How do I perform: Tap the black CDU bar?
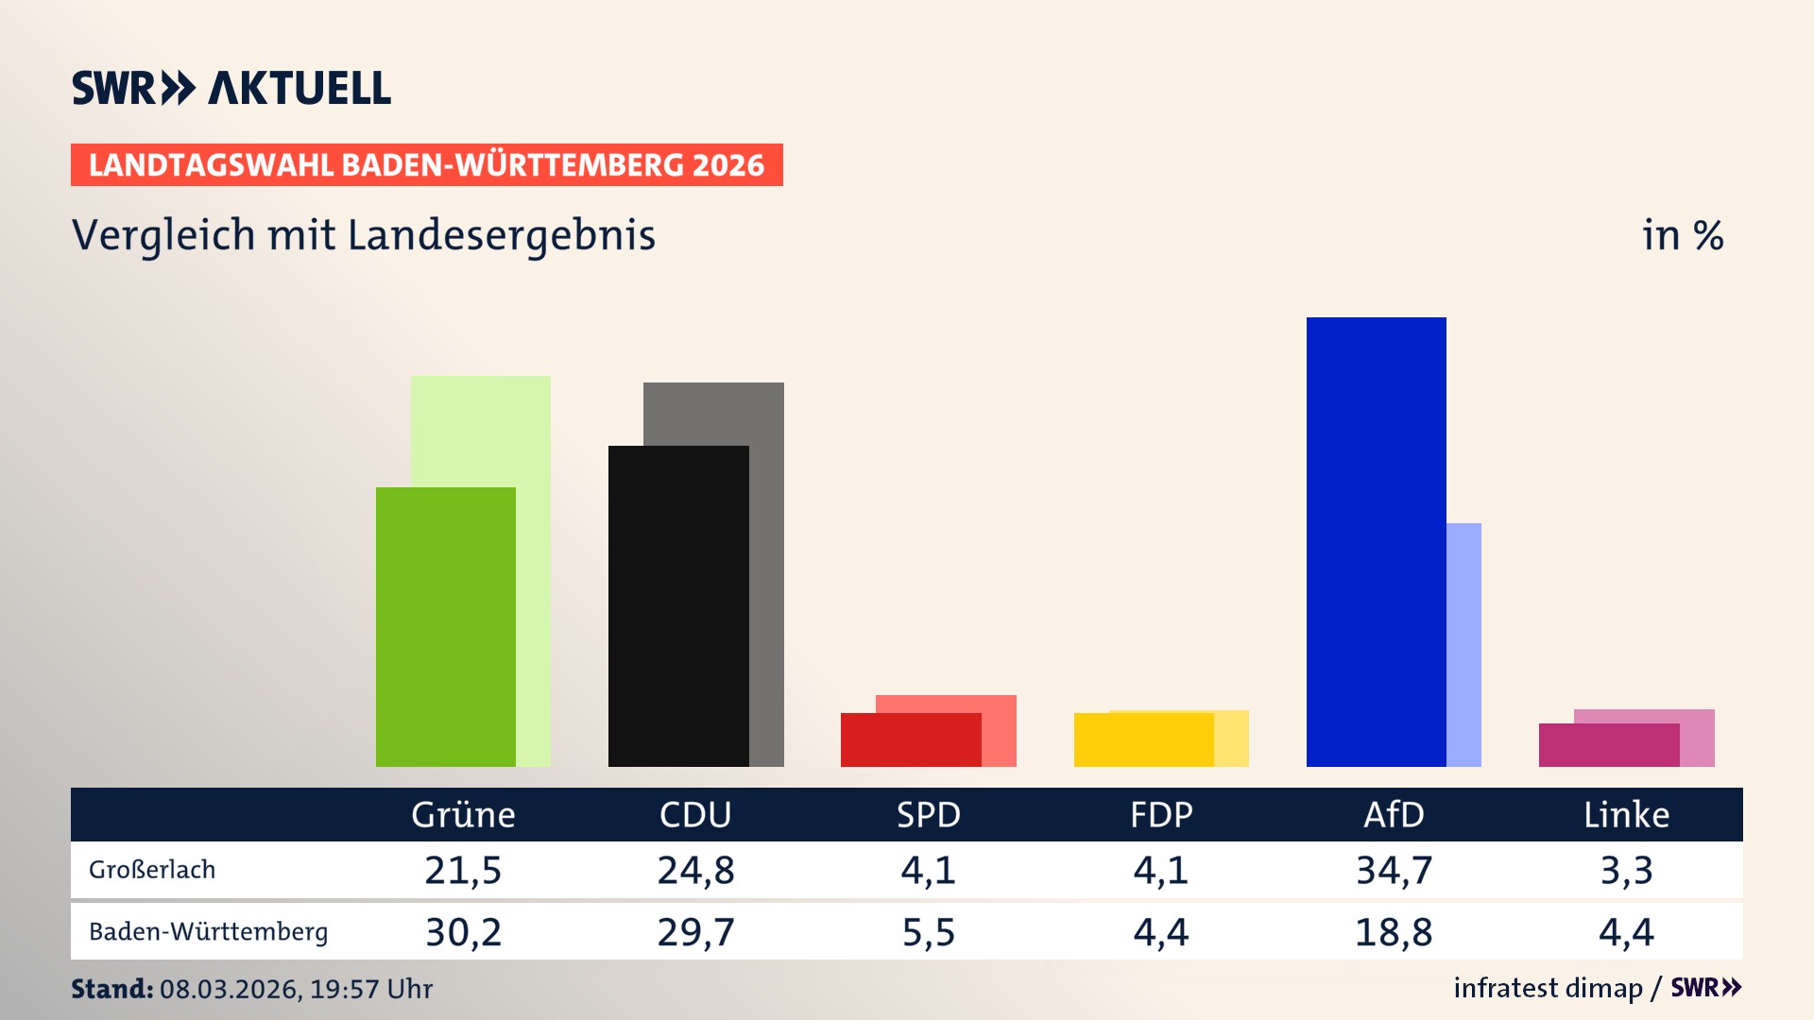678,605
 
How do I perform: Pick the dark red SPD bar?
910,739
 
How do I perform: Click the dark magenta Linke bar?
1608,745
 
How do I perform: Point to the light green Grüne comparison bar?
533,567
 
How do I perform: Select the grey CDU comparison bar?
766,567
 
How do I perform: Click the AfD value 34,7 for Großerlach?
1394,870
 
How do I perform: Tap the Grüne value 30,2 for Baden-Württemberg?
463,932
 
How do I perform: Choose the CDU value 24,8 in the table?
695,870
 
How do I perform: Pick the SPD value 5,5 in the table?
928,932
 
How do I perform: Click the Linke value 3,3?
1626,870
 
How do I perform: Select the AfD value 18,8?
1394,932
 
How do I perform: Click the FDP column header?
1161,814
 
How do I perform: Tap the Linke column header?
1626,814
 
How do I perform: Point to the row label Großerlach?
152,870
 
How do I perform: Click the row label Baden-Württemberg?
208,932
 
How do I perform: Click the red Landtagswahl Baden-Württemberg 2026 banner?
426,164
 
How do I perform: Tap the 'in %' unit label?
1682,235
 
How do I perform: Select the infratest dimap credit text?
1548,988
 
